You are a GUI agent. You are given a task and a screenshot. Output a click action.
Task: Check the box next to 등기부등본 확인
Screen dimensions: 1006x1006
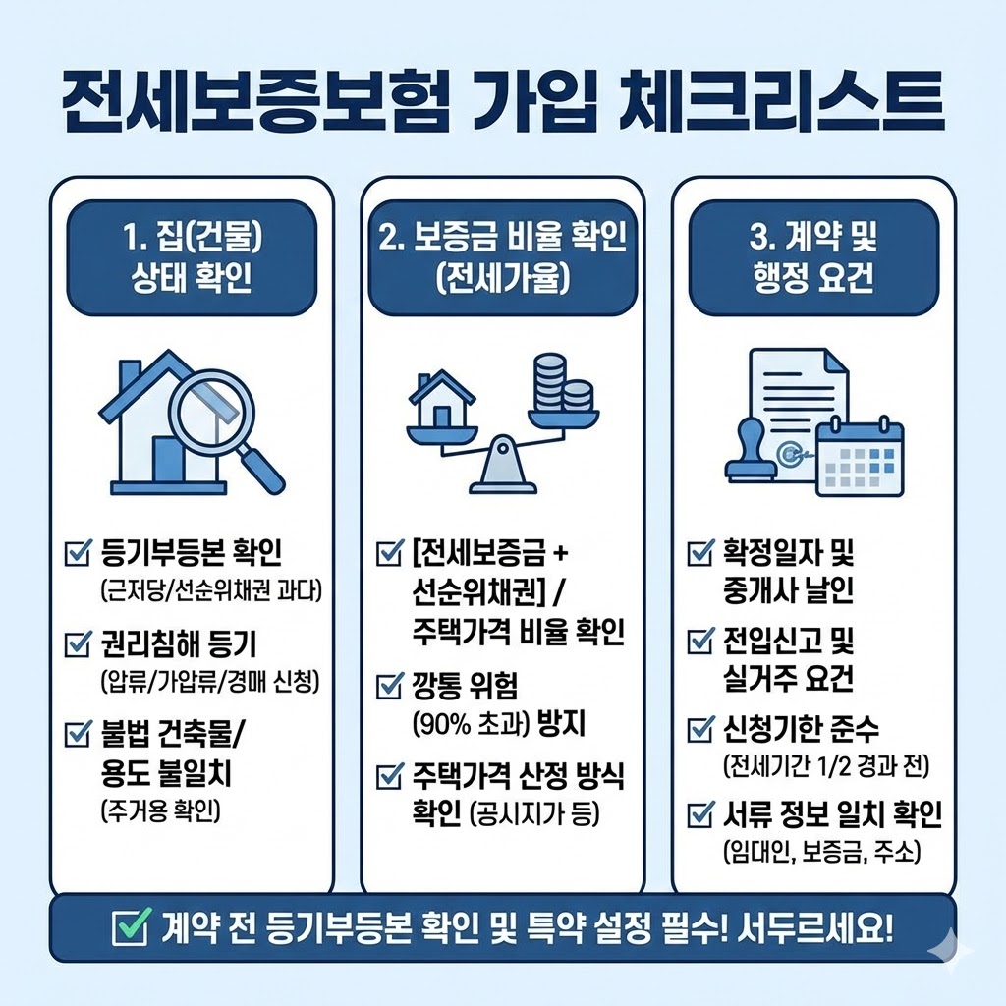point(76,556)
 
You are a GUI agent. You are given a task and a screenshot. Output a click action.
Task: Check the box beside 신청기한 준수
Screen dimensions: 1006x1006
point(700,729)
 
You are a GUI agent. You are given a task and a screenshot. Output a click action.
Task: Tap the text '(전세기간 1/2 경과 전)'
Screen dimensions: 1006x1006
point(825,764)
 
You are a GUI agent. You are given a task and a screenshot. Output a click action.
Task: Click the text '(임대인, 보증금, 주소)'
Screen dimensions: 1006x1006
point(821,851)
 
